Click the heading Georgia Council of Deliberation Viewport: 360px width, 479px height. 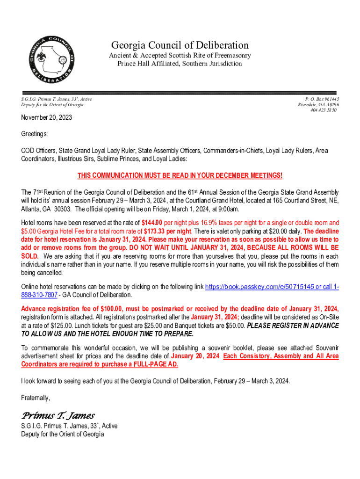pyautogui.click(x=180, y=45)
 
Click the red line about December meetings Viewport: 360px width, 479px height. pyautogui.click(x=180, y=175)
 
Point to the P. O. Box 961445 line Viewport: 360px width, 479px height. pyautogui.click(x=322, y=99)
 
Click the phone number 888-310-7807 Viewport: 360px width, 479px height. pyautogui.click(x=39, y=295)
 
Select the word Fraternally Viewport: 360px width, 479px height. pyautogui.click(x=36, y=398)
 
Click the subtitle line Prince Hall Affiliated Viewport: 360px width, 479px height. pyautogui.click(x=180, y=64)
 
